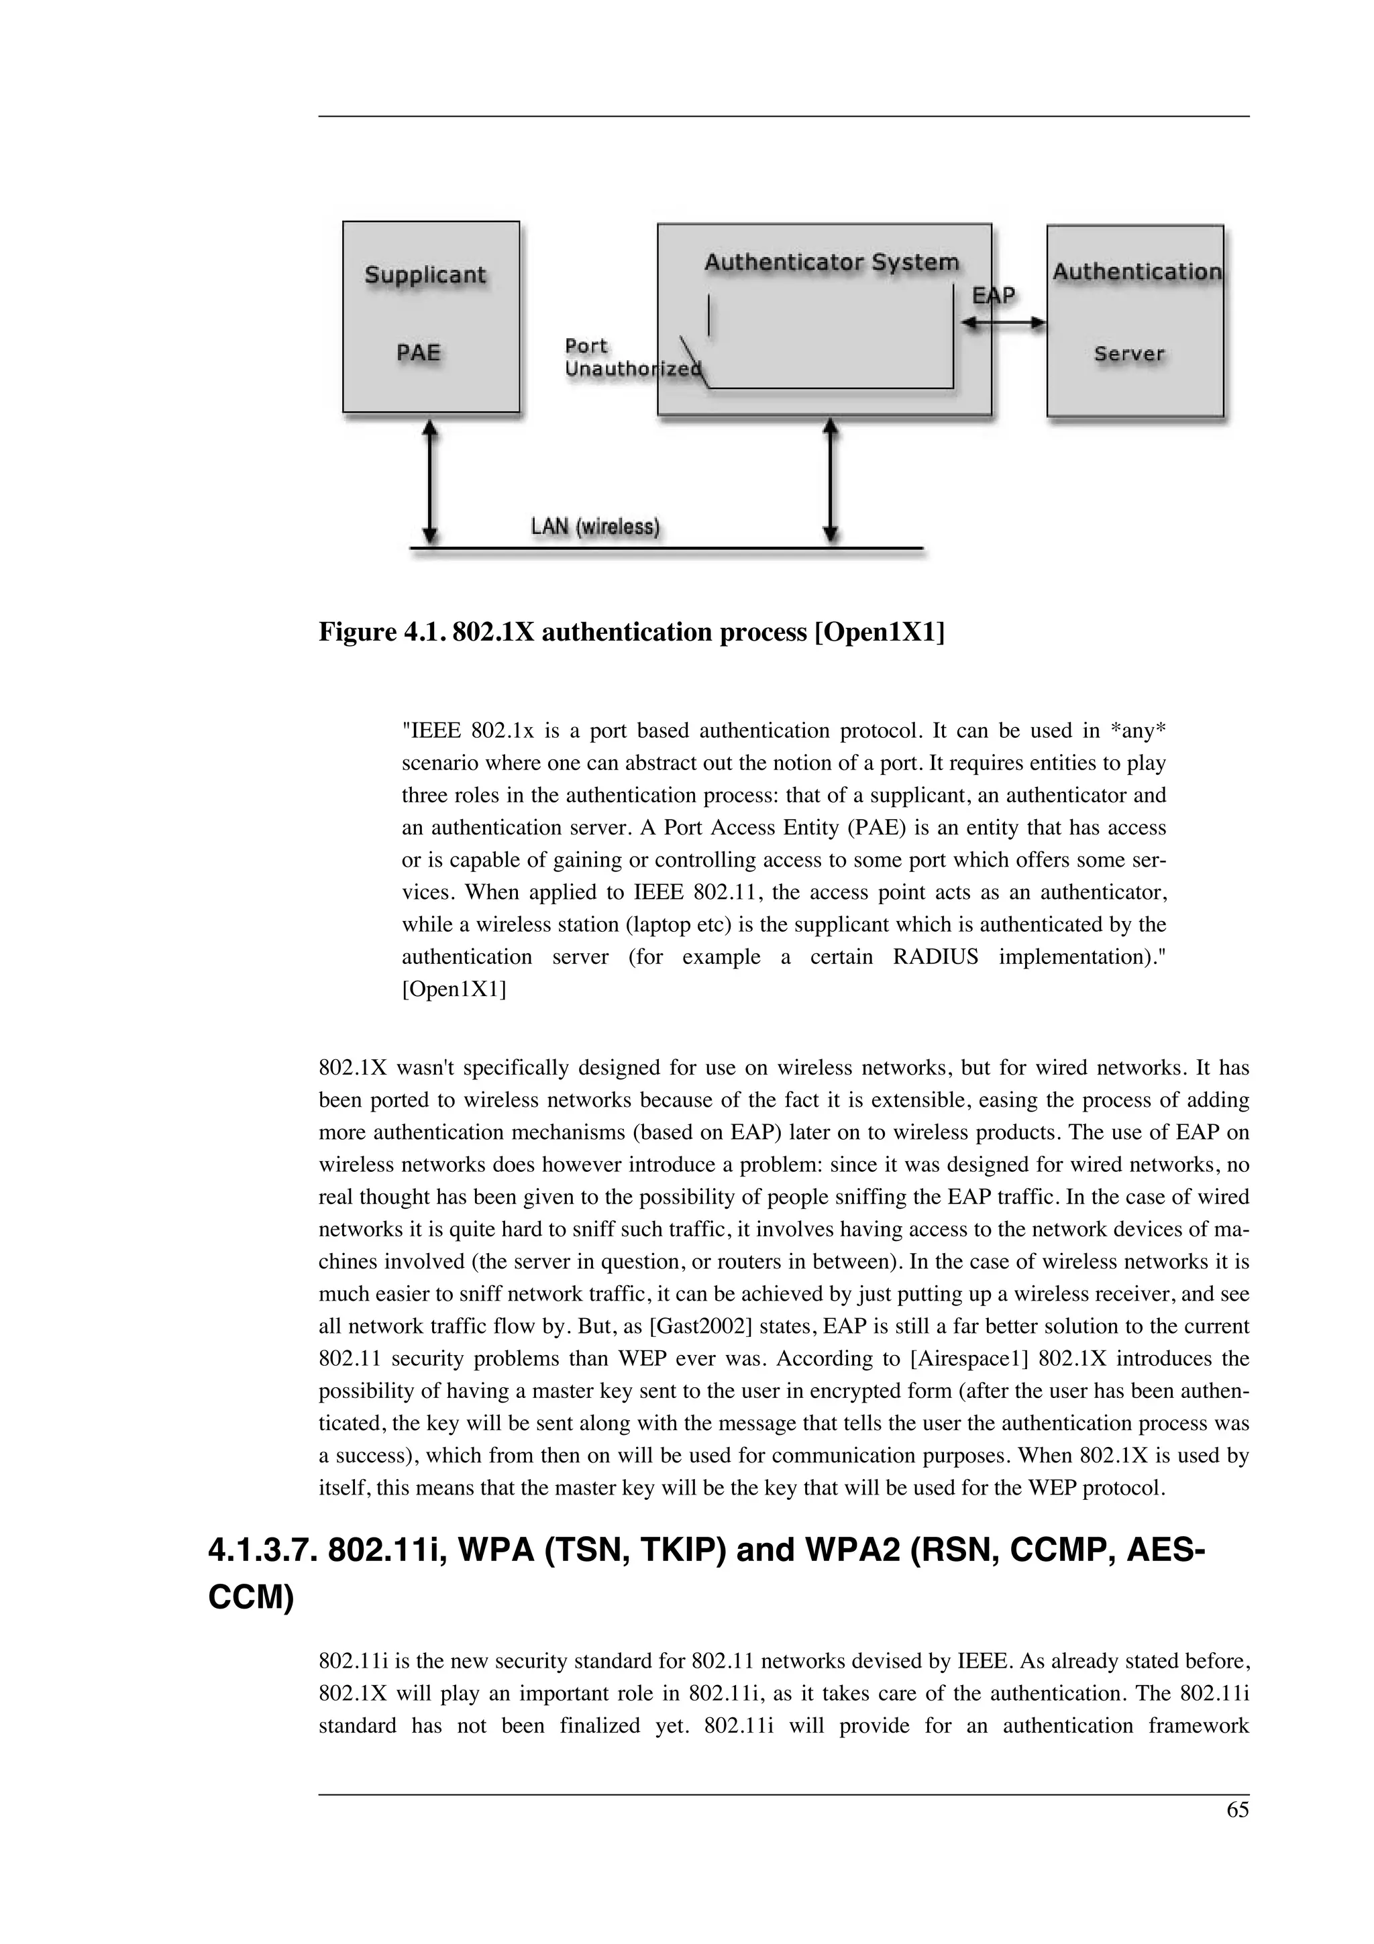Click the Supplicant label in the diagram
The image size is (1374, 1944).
425,275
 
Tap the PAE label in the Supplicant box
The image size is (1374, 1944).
419,352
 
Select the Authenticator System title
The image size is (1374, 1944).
831,262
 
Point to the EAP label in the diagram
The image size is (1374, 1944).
993,296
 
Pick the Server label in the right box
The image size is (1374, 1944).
1128,354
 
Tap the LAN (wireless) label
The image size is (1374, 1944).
594,527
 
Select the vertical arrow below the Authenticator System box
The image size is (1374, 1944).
831,481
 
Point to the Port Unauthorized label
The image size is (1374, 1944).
631,358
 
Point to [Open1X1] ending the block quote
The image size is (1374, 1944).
454,989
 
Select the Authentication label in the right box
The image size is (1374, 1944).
1136,272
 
